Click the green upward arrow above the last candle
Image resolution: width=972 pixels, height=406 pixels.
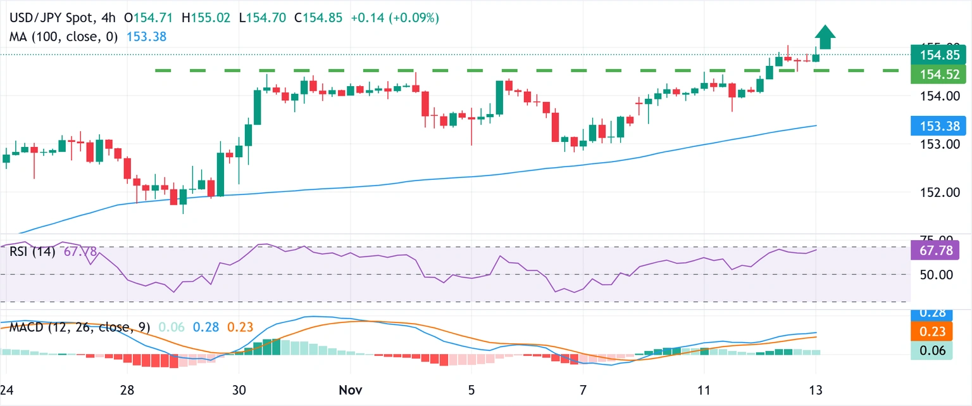(824, 37)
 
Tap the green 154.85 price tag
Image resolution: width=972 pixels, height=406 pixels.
(930, 55)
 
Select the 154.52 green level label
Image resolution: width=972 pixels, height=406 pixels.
(930, 74)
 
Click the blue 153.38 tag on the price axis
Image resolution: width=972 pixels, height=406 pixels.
(930, 125)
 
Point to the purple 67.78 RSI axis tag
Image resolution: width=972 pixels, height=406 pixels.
(930, 250)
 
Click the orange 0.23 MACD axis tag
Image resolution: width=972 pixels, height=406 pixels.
(930, 332)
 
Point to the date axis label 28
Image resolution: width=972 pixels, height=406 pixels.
(127, 389)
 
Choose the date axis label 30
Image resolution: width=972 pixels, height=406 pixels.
(239, 389)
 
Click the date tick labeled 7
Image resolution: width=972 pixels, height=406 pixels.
(583, 389)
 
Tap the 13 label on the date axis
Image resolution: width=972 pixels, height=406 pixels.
(815, 389)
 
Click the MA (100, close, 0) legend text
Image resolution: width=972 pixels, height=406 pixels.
(64, 37)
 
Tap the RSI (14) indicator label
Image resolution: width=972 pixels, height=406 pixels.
(32, 251)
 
